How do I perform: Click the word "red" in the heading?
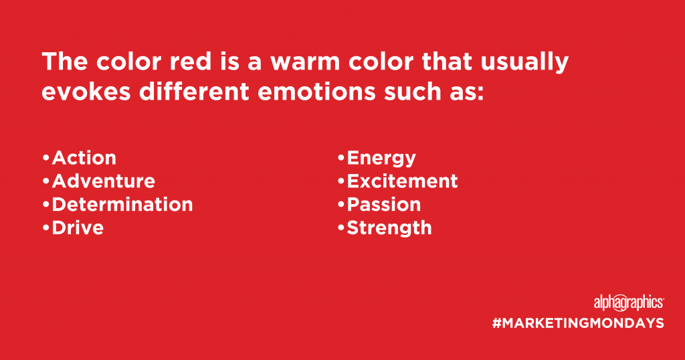(x=191, y=61)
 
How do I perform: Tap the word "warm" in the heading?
(x=305, y=62)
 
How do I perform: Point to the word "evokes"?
(x=86, y=91)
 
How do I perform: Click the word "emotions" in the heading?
(x=316, y=92)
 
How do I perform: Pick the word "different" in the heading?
(x=194, y=91)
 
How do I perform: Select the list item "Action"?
(x=84, y=158)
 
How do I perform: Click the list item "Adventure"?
(x=104, y=181)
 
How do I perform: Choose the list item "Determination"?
(x=122, y=205)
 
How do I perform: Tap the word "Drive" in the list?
(x=78, y=228)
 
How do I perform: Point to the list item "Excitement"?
(x=402, y=181)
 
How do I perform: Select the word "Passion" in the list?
(x=384, y=205)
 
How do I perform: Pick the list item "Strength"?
(x=389, y=228)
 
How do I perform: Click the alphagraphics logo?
(x=629, y=302)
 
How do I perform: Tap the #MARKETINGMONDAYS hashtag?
(x=578, y=323)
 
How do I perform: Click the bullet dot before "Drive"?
(x=46, y=227)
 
